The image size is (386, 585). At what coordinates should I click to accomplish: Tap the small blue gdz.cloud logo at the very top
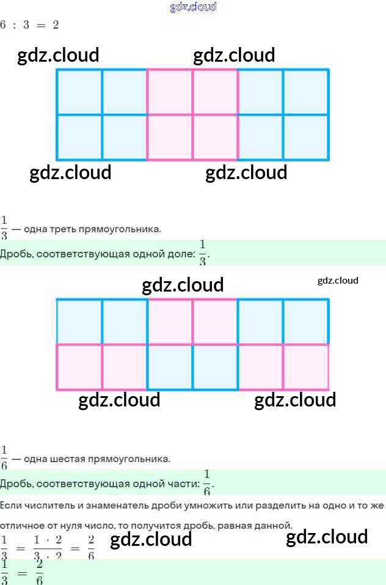tap(193, 7)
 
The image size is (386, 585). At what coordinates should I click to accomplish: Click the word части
tap(184, 484)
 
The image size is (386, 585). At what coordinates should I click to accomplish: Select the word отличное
tap(23, 525)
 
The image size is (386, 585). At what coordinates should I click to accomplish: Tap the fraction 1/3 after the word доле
tap(203, 252)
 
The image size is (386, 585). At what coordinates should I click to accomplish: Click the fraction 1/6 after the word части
tap(207, 482)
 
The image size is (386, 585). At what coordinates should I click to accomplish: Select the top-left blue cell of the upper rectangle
tap(79, 92)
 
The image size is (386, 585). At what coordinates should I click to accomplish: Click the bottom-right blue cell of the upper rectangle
tap(305, 137)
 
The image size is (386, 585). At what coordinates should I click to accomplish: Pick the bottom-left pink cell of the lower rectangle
tap(79, 367)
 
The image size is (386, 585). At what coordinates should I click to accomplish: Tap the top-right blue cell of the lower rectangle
tap(305, 322)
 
